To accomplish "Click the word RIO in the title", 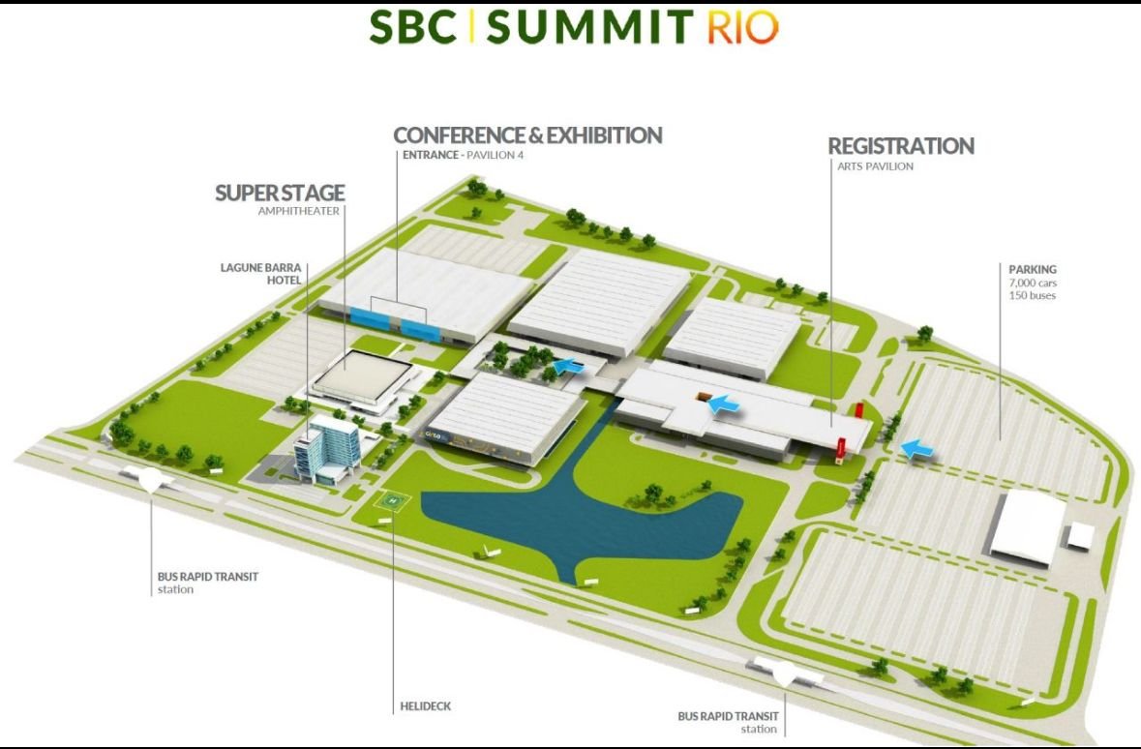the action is [742, 27].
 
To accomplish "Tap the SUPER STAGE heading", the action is [280, 193].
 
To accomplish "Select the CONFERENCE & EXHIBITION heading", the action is [527, 135].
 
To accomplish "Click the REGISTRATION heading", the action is [901, 146].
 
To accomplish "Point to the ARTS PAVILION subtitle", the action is [875, 166].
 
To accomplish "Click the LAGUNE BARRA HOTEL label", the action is [260, 274].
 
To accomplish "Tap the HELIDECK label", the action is [426, 706].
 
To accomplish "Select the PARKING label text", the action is [1033, 269].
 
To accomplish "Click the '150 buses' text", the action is [1032, 295].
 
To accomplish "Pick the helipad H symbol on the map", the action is [393, 501].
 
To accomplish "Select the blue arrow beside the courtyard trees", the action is [568, 366].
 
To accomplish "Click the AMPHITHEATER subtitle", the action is [298, 211].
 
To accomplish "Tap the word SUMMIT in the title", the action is [590, 27].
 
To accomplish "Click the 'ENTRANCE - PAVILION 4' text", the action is [463, 155].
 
